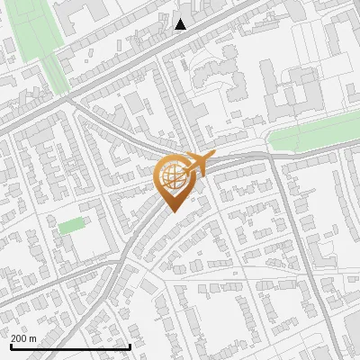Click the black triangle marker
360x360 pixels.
pyautogui.click(x=181, y=24)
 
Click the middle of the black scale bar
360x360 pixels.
pyautogui.click(x=70, y=346)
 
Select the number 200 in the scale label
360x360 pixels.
pyautogui.click(x=19, y=338)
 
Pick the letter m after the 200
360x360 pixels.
pyautogui.click(x=32, y=338)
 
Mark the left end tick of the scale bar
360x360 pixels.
pyautogui.click(x=11, y=345)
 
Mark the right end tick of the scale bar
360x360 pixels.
pyautogui.click(x=130, y=345)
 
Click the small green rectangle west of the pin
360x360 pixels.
pyautogui.click(x=71, y=225)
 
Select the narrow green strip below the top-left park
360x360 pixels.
pyautogui.click(x=55, y=76)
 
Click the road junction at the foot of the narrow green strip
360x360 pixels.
pyautogui.click(x=68, y=101)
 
